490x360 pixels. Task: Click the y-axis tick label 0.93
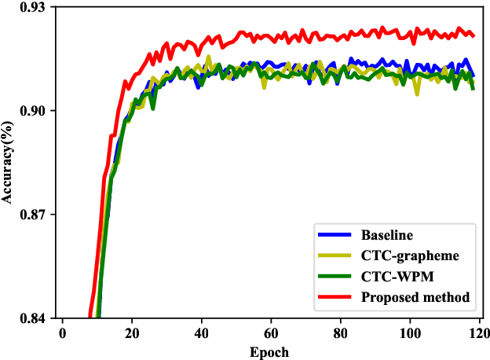(34, 7)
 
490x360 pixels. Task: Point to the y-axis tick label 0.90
(34, 111)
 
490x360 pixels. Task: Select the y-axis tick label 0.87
(34, 215)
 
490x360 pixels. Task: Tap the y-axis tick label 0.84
(34, 318)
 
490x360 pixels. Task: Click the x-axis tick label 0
(62, 333)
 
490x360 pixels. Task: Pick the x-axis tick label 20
(132, 333)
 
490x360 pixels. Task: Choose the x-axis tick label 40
(201, 333)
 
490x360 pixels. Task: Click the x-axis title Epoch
(270, 351)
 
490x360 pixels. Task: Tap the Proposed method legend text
(415, 297)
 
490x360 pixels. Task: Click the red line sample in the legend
(334, 297)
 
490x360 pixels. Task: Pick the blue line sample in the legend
(334, 235)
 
